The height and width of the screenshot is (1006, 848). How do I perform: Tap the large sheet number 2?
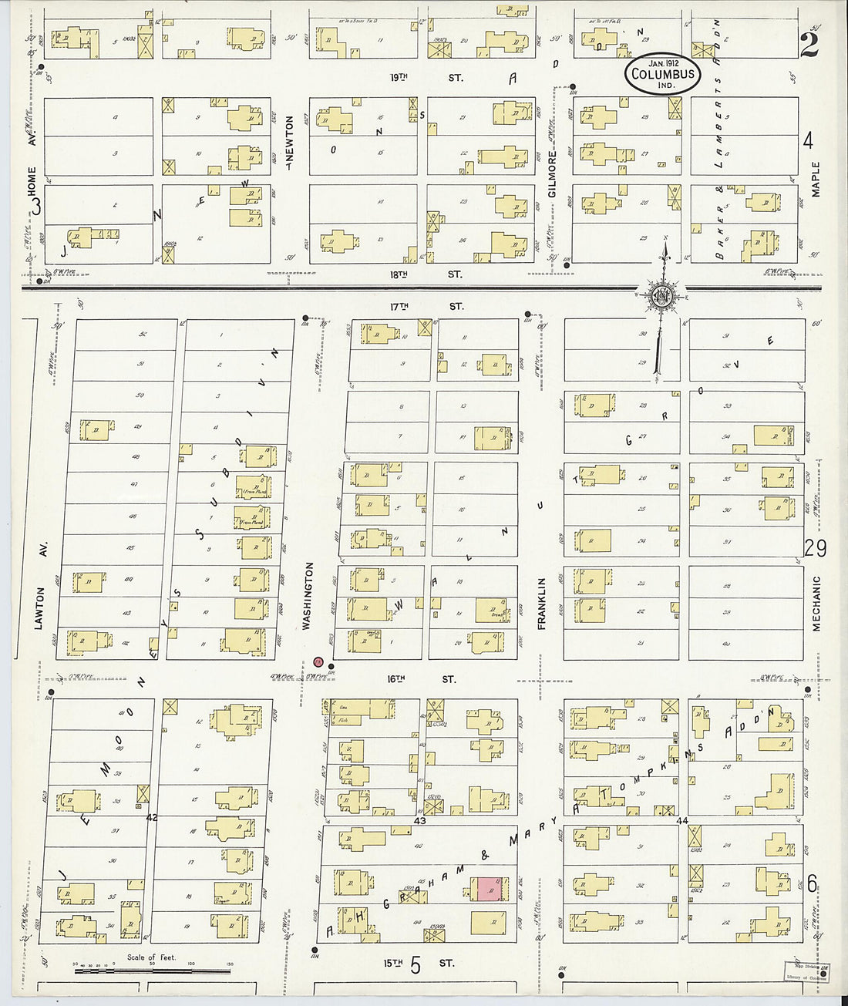pyautogui.click(x=809, y=45)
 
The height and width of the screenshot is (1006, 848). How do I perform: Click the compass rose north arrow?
pyautogui.click(x=662, y=295)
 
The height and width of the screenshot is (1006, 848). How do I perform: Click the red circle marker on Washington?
pyautogui.click(x=318, y=662)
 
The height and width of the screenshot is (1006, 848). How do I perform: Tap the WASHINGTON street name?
pyautogui.click(x=308, y=596)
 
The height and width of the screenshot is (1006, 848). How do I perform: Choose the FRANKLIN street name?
pyautogui.click(x=542, y=604)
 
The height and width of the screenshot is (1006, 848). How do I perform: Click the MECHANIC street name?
pyautogui.click(x=816, y=604)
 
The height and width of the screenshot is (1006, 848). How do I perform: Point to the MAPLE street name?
pyautogui.click(x=816, y=179)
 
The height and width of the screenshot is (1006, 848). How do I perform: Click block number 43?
pyautogui.click(x=420, y=822)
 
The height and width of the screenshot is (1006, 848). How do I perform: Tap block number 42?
pyautogui.click(x=152, y=817)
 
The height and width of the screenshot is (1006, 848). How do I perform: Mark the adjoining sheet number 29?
pyautogui.click(x=815, y=547)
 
